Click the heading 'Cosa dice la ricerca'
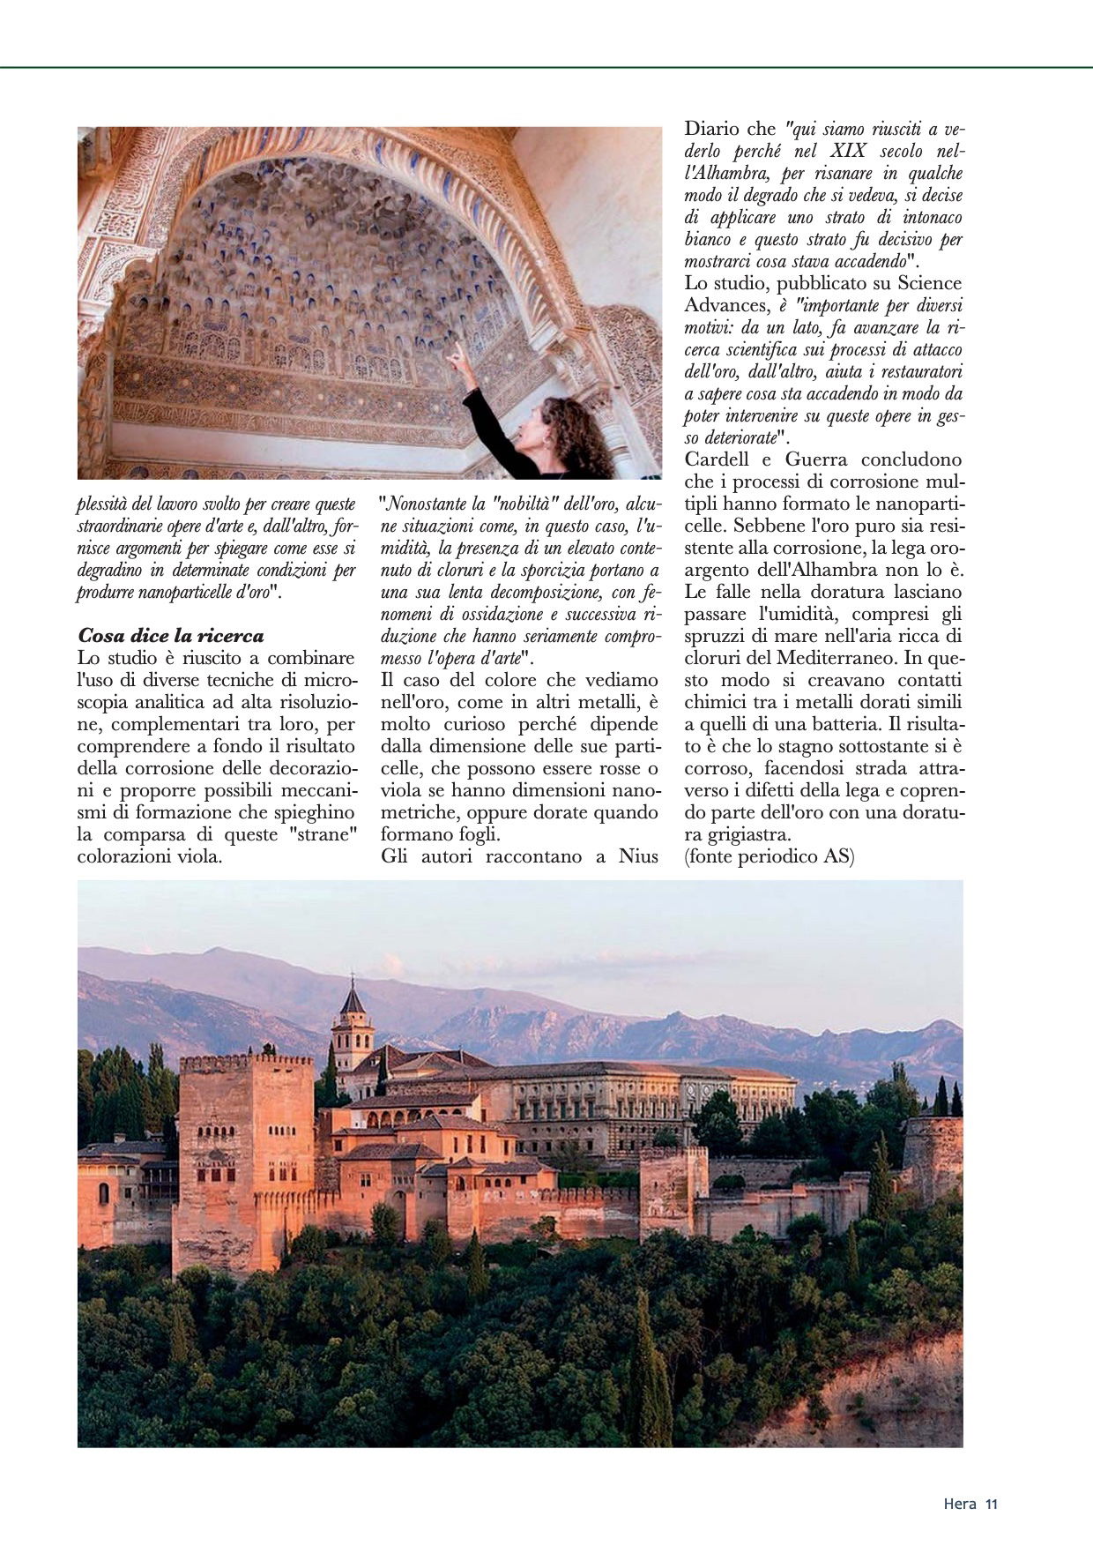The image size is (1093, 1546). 171,635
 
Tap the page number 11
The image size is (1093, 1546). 991,1505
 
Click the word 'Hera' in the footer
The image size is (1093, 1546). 959,1505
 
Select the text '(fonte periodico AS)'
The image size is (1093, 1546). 769,856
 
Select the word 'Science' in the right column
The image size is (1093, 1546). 930,283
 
